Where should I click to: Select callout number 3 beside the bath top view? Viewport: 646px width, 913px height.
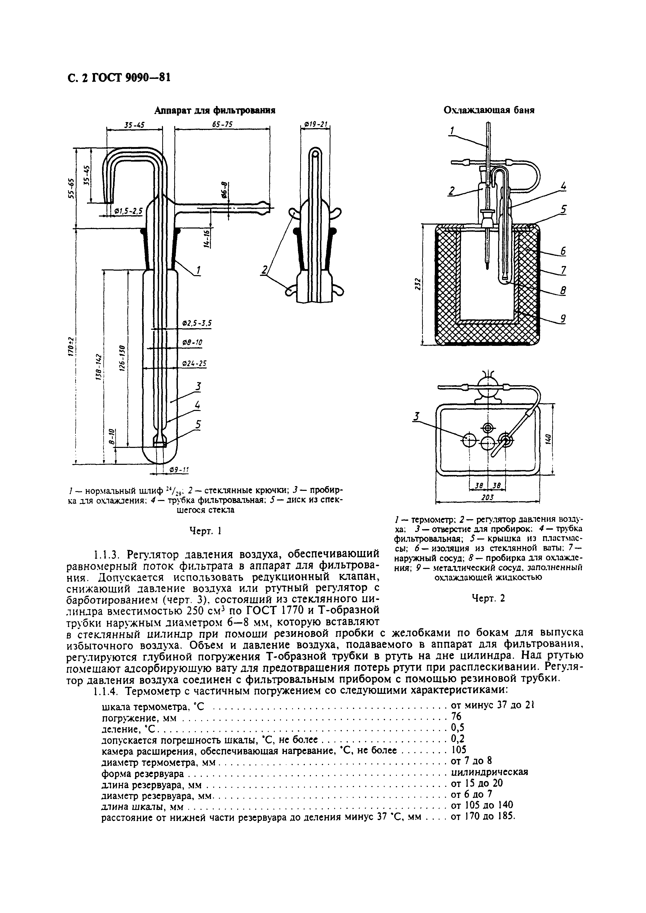pos(417,417)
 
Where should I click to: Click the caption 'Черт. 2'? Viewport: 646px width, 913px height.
pos(488,598)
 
